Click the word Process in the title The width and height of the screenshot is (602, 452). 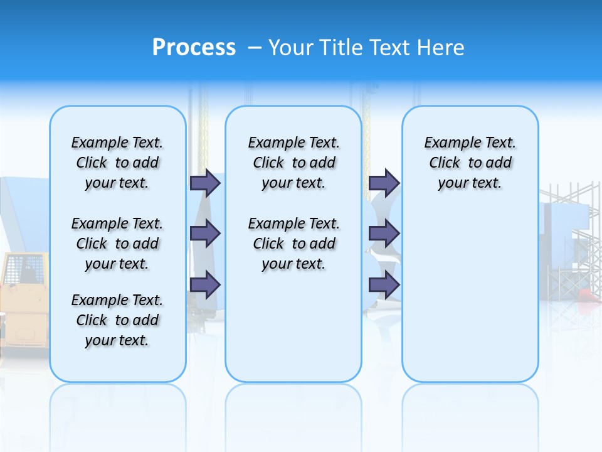click(x=194, y=47)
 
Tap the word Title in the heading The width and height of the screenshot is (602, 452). click(x=343, y=48)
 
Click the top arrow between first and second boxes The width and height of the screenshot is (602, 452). click(x=205, y=183)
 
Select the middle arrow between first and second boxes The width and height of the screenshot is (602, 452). click(x=205, y=234)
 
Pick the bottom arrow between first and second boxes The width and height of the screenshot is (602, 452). click(x=205, y=284)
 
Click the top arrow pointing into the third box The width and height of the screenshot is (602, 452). click(x=384, y=183)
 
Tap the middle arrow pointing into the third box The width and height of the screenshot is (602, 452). click(x=384, y=234)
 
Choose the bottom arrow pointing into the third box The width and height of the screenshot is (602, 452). click(x=384, y=284)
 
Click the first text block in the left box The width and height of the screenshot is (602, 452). click(x=117, y=163)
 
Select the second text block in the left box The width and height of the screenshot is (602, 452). click(x=117, y=244)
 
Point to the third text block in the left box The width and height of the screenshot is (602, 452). click(x=117, y=320)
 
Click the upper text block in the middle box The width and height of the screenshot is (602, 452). click(x=293, y=163)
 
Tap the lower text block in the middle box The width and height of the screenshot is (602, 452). click(x=293, y=244)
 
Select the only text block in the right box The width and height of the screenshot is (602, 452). click(x=470, y=163)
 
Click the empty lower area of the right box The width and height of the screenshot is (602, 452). click(x=470, y=301)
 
